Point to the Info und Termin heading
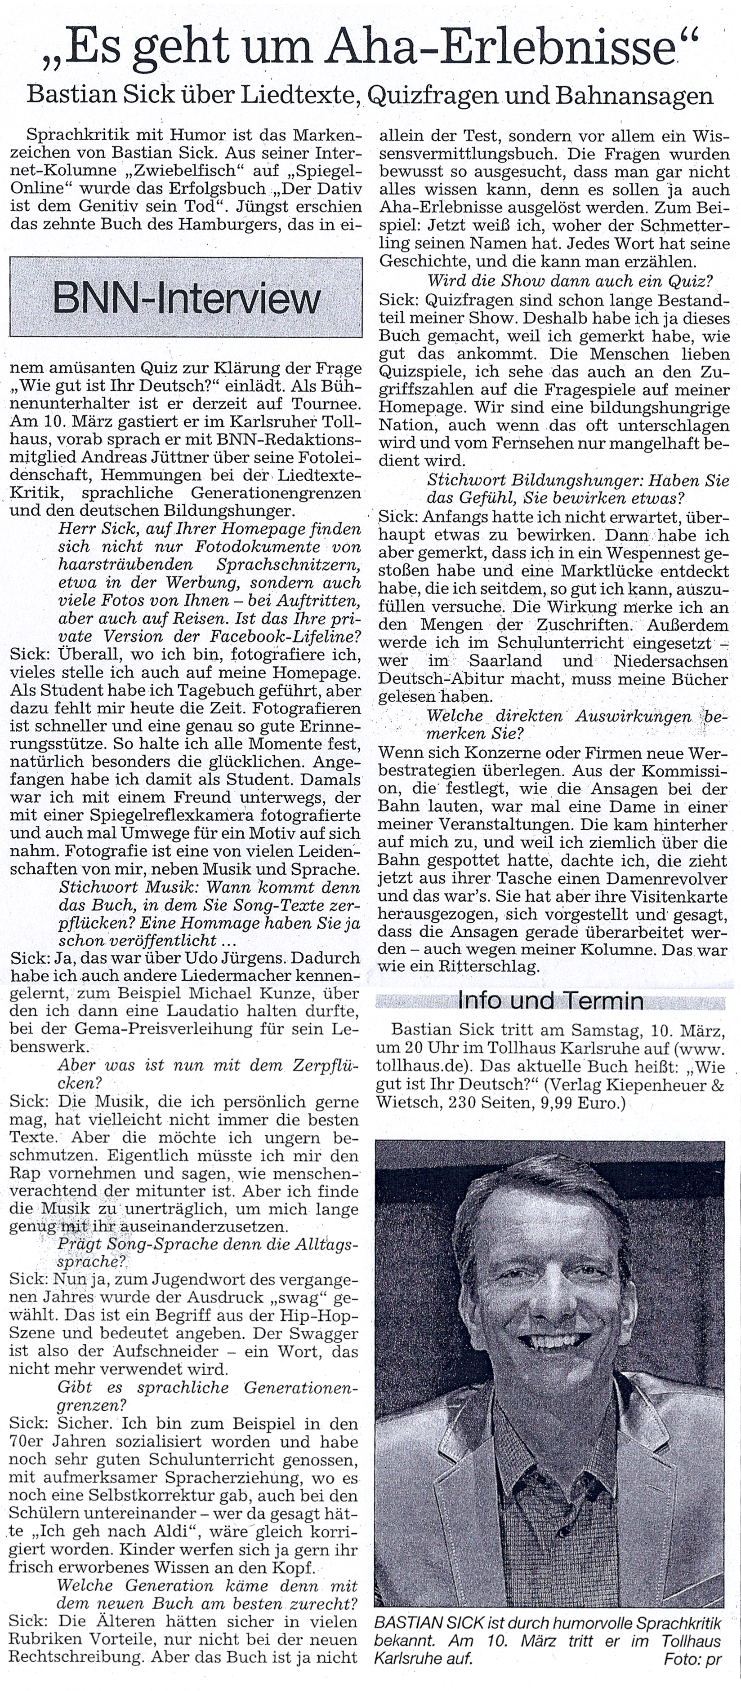pyautogui.click(x=550, y=1001)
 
